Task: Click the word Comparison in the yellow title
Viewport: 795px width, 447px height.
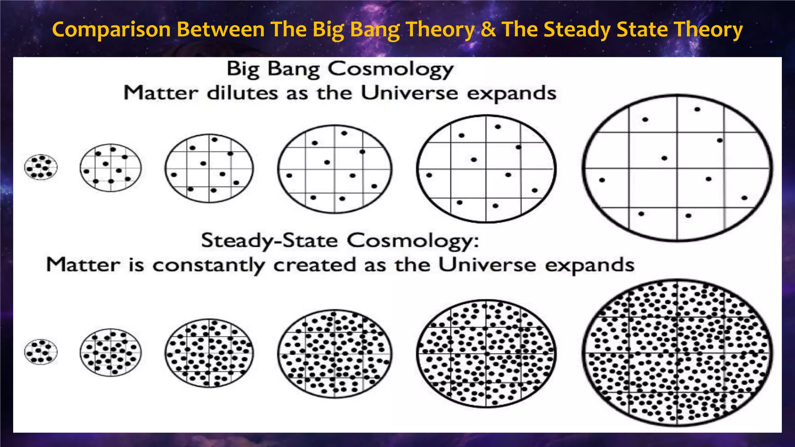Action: pyautogui.click(x=111, y=29)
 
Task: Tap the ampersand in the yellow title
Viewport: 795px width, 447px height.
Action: pyautogui.click(x=488, y=29)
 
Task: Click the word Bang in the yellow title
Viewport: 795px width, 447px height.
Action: pyautogui.click(x=375, y=29)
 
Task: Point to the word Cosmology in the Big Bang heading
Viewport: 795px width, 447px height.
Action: pyautogui.click(x=391, y=70)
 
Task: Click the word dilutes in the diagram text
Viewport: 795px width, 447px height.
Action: pyautogui.click(x=242, y=94)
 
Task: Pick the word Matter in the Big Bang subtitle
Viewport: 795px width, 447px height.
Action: pyautogui.click(x=161, y=93)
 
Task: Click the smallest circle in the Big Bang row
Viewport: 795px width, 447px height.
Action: pyautogui.click(x=41, y=167)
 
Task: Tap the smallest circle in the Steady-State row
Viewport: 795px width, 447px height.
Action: pyautogui.click(x=41, y=352)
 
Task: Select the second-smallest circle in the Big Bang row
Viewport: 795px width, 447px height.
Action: pyautogui.click(x=111, y=168)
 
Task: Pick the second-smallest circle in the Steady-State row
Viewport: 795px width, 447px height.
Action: pyautogui.click(x=111, y=352)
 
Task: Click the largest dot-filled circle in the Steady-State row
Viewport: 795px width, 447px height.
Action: pyautogui.click(x=677, y=353)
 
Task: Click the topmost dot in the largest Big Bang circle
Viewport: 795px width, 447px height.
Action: pyautogui.click(x=697, y=109)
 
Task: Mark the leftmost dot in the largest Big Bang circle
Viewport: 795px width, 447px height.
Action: pyautogui.click(x=602, y=180)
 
